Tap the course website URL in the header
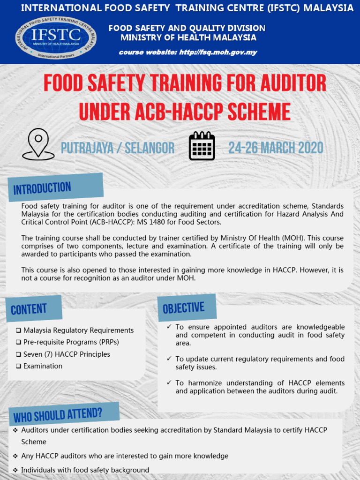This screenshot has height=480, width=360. pos(217,52)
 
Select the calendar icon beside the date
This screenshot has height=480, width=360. pos(202,146)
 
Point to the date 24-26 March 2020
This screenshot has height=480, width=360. pos(276,148)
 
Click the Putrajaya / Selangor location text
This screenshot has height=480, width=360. pos(118,149)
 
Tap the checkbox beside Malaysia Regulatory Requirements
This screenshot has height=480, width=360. pos(18,330)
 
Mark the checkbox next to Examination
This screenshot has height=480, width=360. pos(18,366)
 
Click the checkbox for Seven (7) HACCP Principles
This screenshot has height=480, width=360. pos(18,354)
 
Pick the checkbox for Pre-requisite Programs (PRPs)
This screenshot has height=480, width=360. pos(18,342)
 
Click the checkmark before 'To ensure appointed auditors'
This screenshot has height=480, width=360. pos(169,327)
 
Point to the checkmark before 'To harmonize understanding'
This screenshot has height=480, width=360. pos(169,383)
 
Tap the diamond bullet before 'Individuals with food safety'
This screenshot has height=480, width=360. pos(15,470)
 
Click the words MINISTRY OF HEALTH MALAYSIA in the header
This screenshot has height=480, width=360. pos(188,37)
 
